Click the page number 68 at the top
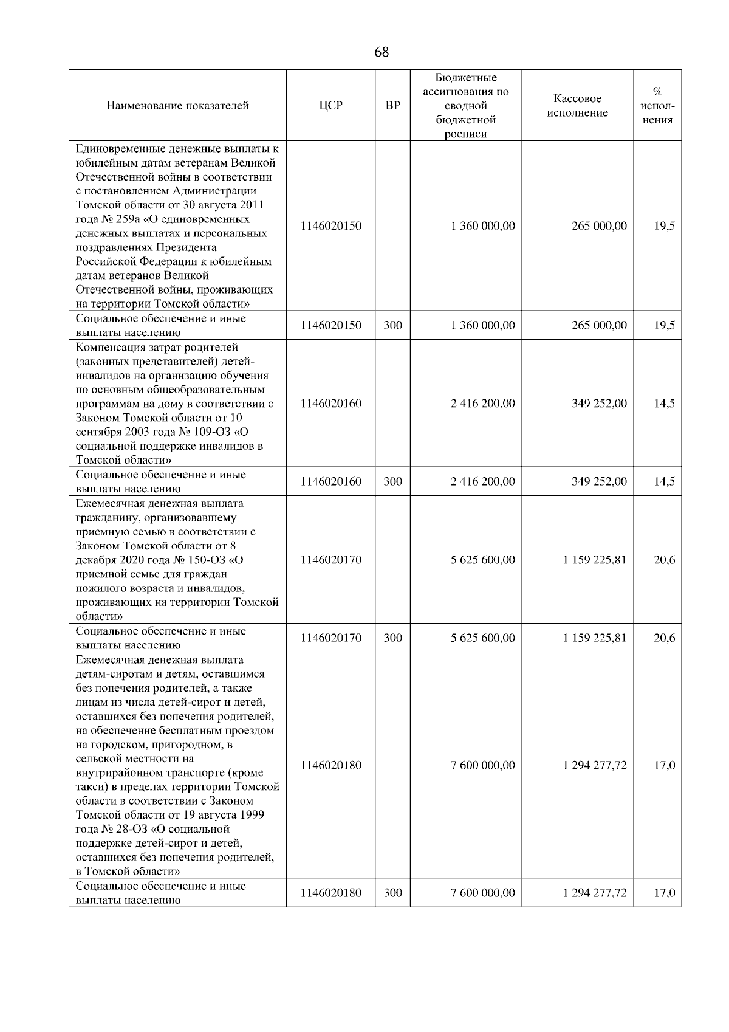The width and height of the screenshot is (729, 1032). point(382,52)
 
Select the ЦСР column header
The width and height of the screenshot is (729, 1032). point(330,106)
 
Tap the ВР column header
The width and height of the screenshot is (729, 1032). point(392,106)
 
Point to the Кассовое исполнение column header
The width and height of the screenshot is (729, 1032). point(577,106)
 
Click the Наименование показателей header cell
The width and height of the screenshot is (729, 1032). point(177,106)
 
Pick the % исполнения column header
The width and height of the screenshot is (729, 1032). point(657,106)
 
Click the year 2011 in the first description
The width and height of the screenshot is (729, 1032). point(252,205)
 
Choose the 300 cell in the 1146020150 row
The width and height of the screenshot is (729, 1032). point(392,326)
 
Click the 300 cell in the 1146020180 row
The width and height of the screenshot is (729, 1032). point(392,893)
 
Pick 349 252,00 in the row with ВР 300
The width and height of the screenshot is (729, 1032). point(599,482)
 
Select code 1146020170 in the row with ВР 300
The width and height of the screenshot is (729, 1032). point(330,638)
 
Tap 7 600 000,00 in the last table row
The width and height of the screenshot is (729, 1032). point(483,893)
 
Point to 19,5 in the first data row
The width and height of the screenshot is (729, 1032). point(664,226)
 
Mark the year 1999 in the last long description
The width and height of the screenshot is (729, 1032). point(252,815)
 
